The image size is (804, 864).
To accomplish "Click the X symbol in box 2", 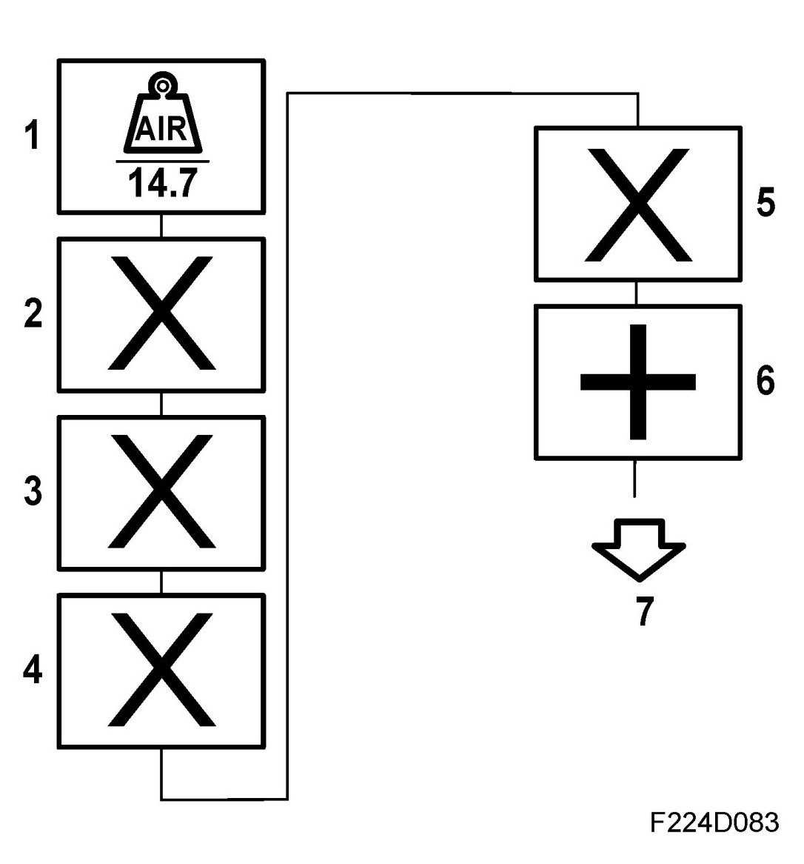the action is pos(161,313).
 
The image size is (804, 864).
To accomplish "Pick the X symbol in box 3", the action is pos(161,491).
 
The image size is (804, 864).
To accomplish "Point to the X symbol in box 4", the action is pos(161,670).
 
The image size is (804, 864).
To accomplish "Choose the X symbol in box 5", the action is pos(637,205).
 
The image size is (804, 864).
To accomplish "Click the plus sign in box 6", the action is pos(637,382).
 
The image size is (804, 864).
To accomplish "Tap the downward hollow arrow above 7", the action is pos(638,548).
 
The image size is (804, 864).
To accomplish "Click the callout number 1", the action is pos(32,136).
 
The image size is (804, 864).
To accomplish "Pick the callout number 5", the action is pos(766,202).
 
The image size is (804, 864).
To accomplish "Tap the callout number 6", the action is pos(766,381).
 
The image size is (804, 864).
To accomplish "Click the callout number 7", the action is pos(645,611).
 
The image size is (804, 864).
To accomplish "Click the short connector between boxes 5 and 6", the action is pos(637,293).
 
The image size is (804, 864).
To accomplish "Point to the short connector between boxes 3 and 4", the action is pos(161,582).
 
